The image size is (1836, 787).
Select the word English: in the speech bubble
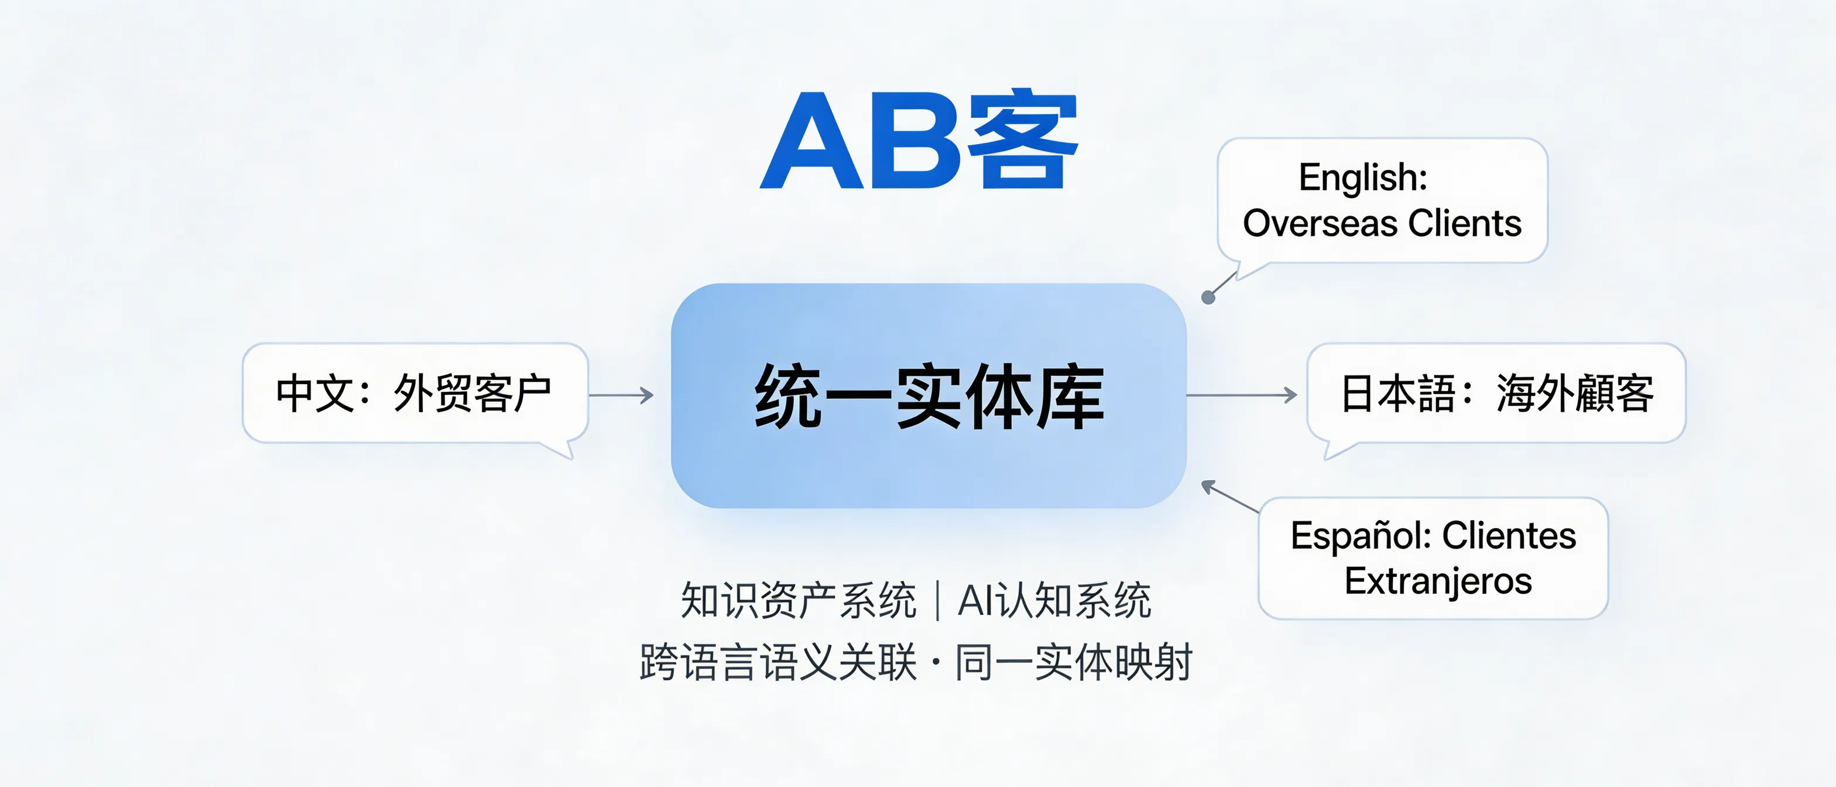click(x=1363, y=177)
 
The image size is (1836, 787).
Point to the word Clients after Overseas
click(x=1465, y=224)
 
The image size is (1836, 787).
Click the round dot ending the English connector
click(x=1208, y=297)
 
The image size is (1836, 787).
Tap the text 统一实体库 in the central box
click(x=929, y=396)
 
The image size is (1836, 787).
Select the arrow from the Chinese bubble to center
click(x=622, y=395)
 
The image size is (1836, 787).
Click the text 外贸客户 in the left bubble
click(x=472, y=393)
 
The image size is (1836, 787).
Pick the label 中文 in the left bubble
click(x=314, y=393)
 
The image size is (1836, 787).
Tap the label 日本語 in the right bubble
click(x=1397, y=393)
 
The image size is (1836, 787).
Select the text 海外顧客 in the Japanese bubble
click(x=1574, y=393)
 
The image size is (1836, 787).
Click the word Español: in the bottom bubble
click(x=1361, y=536)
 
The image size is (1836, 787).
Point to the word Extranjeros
click(x=1437, y=581)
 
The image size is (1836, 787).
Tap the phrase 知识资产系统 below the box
click(x=798, y=601)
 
